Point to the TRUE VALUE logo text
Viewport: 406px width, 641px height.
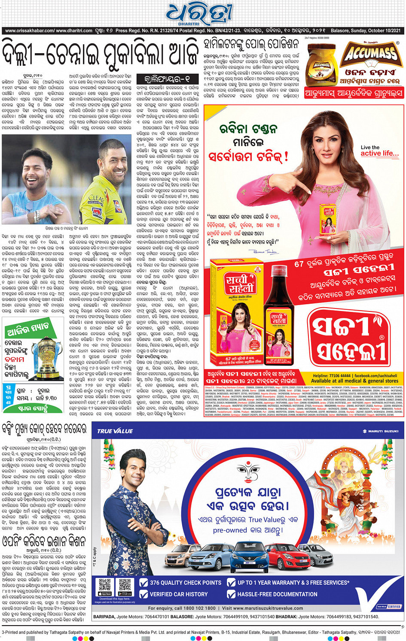point(115,431)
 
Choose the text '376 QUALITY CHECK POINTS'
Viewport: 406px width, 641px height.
point(185,582)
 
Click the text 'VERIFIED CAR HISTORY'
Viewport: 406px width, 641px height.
point(178,594)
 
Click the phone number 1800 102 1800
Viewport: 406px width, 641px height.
point(200,608)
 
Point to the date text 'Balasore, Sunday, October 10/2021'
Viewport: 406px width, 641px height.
point(365,30)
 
